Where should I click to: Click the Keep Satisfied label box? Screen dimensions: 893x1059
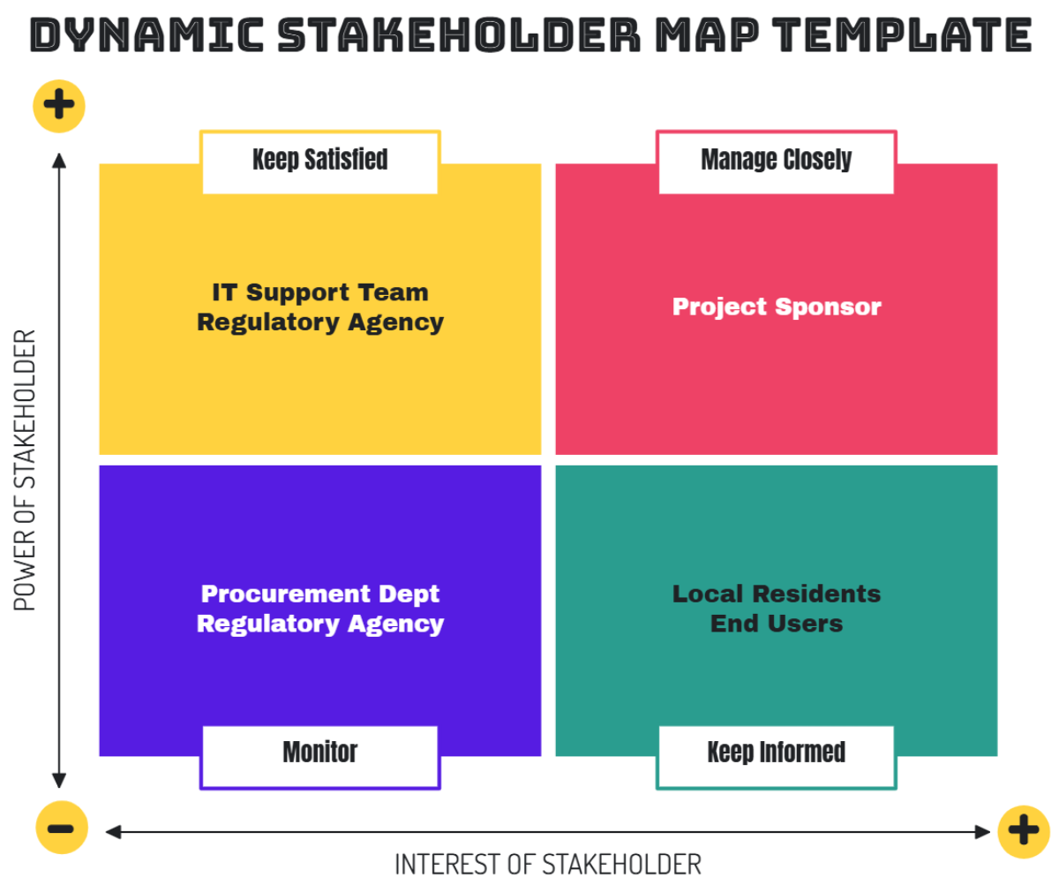click(x=319, y=161)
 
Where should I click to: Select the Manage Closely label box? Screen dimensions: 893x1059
click(x=776, y=161)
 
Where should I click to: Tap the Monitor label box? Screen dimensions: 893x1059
click(x=319, y=753)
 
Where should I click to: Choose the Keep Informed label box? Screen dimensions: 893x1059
click(x=776, y=753)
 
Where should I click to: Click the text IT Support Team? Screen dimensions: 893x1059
click(x=319, y=292)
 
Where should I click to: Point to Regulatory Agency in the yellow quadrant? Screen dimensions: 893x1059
click(x=319, y=322)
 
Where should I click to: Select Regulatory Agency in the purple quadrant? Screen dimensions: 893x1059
click(x=319, y=624)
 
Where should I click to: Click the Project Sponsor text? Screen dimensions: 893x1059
click(x=776, y=307)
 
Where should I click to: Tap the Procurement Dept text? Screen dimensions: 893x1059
click(x=319, y=594)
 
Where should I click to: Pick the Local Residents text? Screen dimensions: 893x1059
click(x=776, y=594)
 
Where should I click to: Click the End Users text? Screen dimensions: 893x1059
click(x=776, y=624)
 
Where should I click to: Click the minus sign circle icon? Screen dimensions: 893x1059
click(x=61, y=829)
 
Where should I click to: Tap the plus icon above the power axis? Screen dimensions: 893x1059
click(x=59, y=106)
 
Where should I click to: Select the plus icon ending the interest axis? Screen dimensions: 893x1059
click(x=1024, y=831)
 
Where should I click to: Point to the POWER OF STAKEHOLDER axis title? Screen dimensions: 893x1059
click(x=26, y=470)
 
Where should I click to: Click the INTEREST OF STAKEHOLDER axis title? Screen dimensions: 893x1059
click(x=547, y=865)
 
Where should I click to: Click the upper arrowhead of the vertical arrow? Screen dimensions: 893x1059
click(x=59, y=160)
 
